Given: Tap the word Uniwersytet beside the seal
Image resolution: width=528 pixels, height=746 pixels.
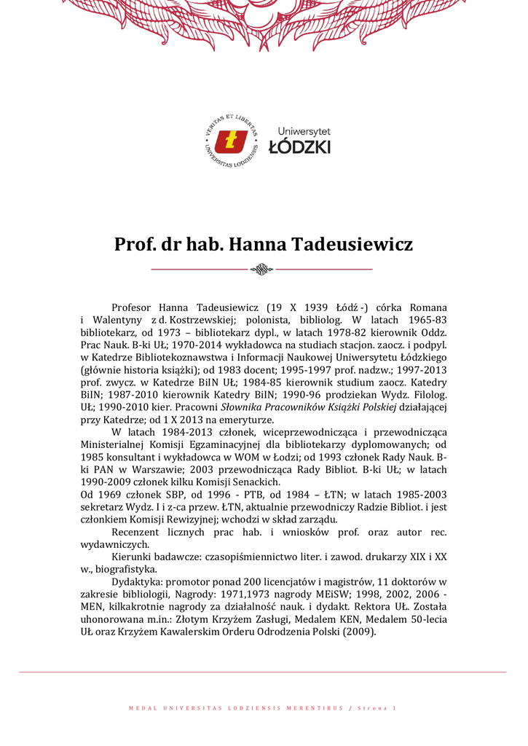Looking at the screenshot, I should point(304,131).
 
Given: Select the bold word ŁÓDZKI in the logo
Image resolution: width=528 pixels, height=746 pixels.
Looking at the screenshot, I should point(299,147).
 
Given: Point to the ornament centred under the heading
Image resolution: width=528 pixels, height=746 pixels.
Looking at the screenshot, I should point(261,270).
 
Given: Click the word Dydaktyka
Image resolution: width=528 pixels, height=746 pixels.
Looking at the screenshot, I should point(137,581).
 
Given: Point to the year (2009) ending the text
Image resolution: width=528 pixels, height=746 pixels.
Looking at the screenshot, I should point(358,631).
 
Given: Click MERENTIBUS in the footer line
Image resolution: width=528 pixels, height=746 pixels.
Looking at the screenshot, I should point(316,708).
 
